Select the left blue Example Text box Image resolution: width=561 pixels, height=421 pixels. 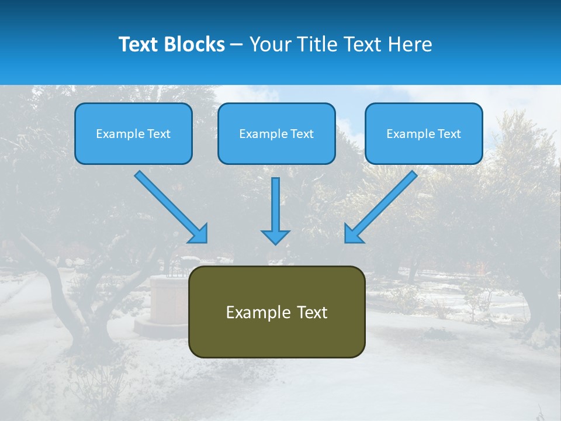click(133, 133)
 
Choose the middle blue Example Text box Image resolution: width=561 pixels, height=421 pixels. click(276, 133)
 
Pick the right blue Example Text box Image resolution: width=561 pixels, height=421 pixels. click(424, 133)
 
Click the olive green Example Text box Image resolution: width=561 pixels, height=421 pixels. click(276, 312)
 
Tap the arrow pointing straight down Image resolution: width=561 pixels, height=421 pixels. click(275, 208)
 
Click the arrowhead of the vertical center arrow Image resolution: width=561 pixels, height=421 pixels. click(275, 237)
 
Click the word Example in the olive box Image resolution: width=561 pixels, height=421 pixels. click(252, 312)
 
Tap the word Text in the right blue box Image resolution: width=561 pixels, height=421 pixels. click(449, 134)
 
